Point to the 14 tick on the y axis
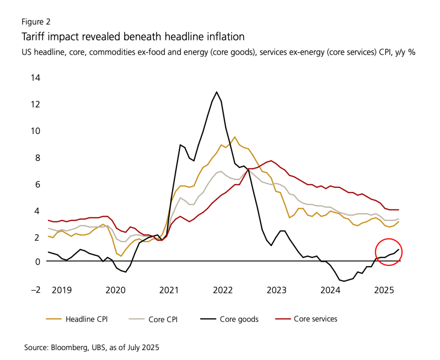pos(35,78)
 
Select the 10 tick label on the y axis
pos(35,131)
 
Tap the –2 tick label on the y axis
pos(33,290)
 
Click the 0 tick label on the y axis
pos(37,261)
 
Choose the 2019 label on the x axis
pos(62,290)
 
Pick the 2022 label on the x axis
pos(223,290)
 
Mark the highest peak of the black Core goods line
pos(217,92)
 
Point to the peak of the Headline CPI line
pos(235,137)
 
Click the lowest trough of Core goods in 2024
pos(344,281)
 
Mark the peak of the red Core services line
pos(270,161)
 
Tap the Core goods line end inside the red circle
pos(399,249)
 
